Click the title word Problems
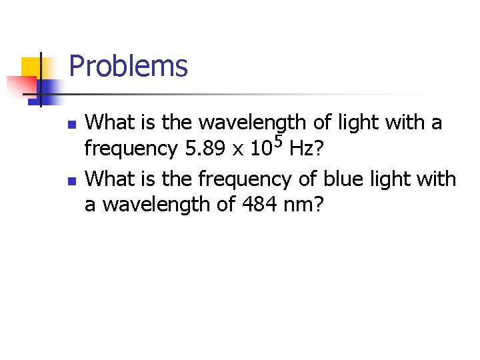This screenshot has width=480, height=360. (x=128, y=67)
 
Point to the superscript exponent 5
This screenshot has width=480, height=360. (x=279, y=141)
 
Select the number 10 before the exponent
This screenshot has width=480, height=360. (x=261, y=149)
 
